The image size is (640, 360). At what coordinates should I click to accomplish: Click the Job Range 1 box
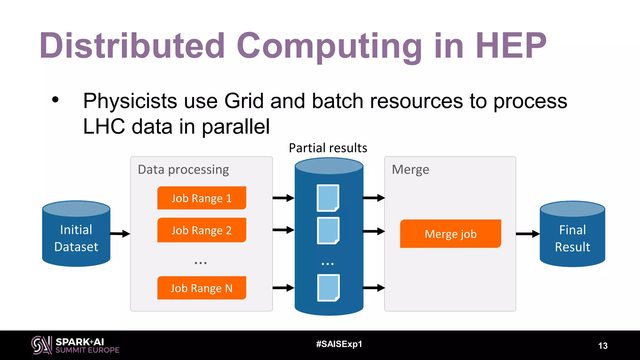tap(202, 198)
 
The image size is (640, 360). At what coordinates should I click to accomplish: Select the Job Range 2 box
tap(202, 230)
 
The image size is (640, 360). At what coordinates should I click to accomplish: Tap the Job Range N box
tap(202, 288)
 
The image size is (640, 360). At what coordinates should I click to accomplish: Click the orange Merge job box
tap(450, 234)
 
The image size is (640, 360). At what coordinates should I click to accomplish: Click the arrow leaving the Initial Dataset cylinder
tap(120, 233)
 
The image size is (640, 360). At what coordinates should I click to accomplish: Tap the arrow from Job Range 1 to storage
tap(283, 198)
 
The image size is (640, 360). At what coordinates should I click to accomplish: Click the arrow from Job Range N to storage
tap(283, 287)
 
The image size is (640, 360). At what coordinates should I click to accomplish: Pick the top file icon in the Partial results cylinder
tap(328, 198)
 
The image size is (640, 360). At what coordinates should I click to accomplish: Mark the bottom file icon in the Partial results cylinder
tap(328, 288)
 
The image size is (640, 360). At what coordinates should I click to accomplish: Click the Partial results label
tap(328, 148)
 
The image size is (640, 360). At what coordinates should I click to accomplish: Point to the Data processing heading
tap(183, 170)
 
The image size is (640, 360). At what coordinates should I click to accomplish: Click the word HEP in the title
tap(511, 46)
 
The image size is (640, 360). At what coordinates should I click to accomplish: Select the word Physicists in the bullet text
tap(130, 101)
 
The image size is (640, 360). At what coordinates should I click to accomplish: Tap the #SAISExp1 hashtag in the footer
tap(339, 344)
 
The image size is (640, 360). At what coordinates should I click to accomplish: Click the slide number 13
tap(602, 346)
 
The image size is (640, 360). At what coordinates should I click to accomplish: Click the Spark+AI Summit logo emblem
tap(41, 345)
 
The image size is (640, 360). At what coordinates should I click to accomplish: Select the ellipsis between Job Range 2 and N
tap(200, 263)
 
